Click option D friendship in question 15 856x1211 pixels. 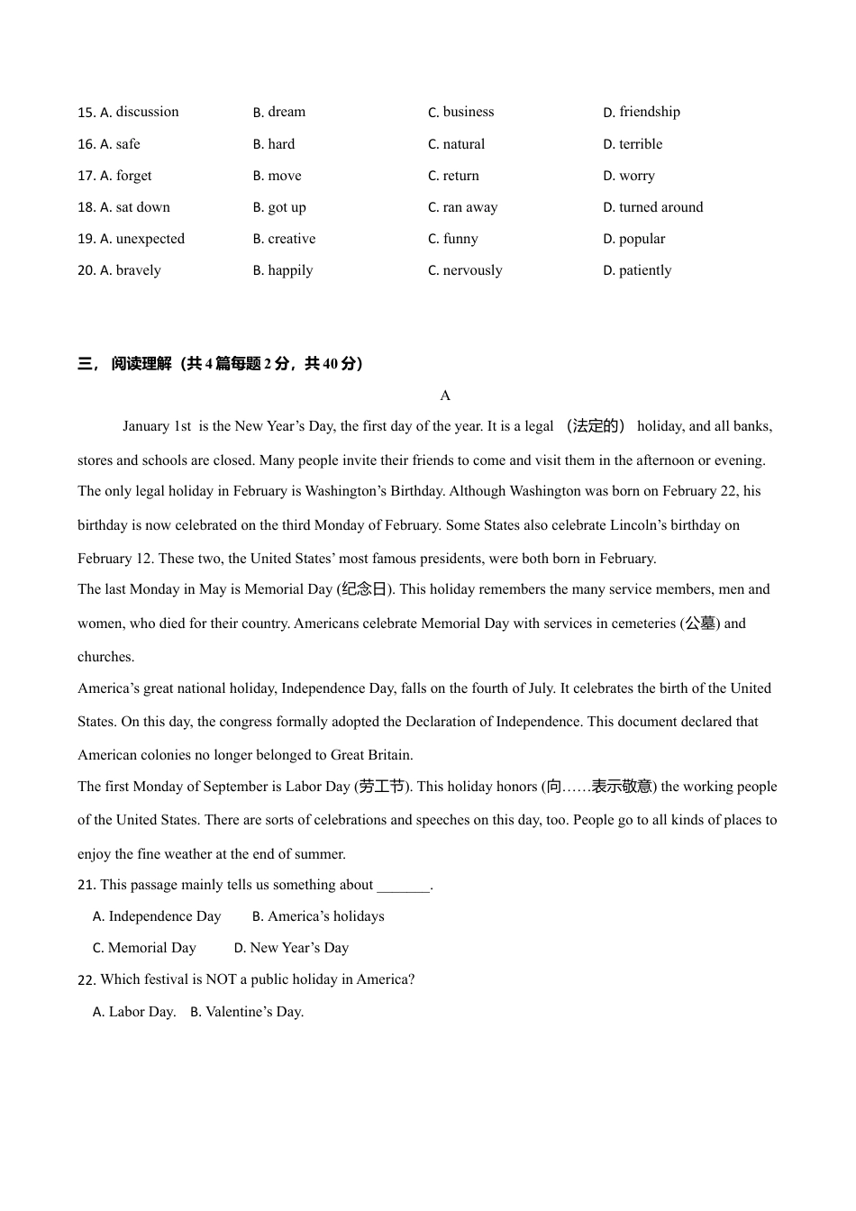pos(642,112)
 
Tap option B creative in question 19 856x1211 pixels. pos(284,239)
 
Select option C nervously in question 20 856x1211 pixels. pos(465,270)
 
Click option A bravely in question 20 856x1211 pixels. pos(130,270)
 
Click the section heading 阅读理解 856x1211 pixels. pos(141,364)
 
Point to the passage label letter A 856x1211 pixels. pos(445,396)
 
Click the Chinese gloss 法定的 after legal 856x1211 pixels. pos(596,426)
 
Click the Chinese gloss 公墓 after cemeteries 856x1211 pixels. pos(700,624)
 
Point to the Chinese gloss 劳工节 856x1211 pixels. pos(382,787)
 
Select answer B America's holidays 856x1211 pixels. pos(318,916)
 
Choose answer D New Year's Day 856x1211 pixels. pos(291,948)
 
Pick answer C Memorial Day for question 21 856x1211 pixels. pos(144,948)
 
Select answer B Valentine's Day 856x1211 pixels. pos(247,1012)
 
